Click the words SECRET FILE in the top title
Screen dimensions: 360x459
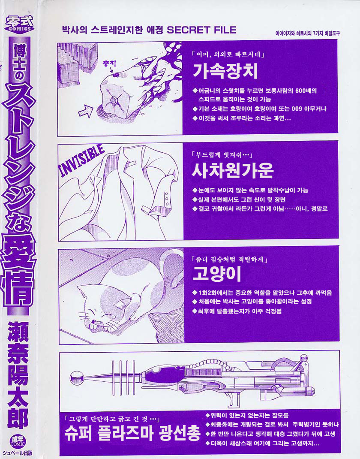click(201, 30)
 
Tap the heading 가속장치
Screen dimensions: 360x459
click(225, 72)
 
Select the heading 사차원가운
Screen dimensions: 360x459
click(232, 170)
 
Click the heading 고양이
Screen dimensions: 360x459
click(217, 274)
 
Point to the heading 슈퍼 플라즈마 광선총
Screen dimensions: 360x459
click(132, 433)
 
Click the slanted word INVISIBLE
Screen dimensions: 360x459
click(82, 160)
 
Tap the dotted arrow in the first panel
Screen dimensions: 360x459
click(86, 111)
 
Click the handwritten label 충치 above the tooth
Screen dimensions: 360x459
click(109, 63)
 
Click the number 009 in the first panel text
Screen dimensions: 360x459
click(297, 109)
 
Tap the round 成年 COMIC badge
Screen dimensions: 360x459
click(18, 441)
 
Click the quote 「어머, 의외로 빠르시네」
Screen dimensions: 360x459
click(228, 54)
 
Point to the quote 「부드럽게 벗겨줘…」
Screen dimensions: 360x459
click(222, 155)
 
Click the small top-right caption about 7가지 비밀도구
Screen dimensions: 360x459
click(308, 33)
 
